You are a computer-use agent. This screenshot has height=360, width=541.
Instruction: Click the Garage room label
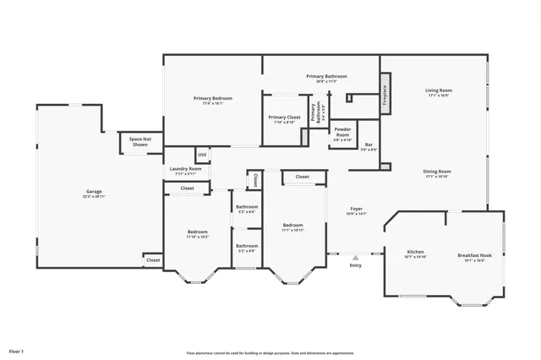click(93, 194)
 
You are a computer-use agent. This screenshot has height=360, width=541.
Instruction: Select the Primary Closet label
click(284, 119)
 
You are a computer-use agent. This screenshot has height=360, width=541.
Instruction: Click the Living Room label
click(438, 92)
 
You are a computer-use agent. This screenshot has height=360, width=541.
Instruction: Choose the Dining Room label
click(437, 173)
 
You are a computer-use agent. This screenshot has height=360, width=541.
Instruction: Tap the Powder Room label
click(342, 134)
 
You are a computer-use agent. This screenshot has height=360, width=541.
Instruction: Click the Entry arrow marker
click(355, 257)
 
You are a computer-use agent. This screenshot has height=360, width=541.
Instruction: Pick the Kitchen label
click(416, 254)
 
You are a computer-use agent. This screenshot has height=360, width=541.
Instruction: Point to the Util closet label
click(202, 155)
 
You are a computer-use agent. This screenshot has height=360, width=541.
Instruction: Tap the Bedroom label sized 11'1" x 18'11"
click(292, 226)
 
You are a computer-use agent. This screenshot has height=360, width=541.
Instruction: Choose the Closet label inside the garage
click(153, 260)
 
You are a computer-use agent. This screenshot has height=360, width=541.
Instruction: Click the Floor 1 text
click(16, 351)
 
